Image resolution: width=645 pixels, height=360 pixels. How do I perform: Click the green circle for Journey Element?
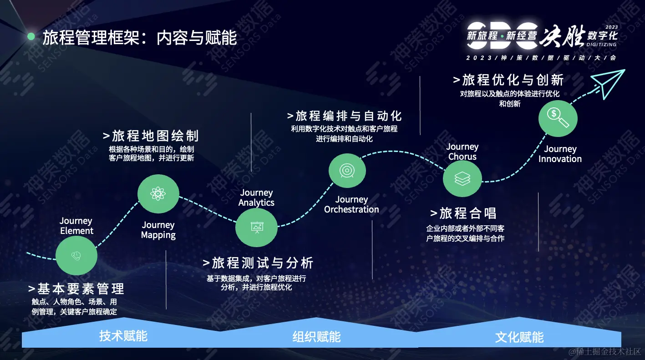point(76,256)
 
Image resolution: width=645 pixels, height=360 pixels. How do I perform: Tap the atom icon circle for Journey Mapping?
point(158,194)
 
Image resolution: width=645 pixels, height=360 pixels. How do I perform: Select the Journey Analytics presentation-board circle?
point(256,227)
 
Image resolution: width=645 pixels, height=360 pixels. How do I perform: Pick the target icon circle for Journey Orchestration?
point(347,171)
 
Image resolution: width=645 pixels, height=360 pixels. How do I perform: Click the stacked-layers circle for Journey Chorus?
point(462,179)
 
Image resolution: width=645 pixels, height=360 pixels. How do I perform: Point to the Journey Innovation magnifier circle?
point(558,118)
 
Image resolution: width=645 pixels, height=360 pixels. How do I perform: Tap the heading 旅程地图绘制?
point(151,136)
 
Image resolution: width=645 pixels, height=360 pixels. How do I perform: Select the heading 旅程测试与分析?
point(258,263)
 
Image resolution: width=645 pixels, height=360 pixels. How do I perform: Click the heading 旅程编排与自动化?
point(345,115)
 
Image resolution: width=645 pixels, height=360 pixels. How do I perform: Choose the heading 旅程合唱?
point(463,213)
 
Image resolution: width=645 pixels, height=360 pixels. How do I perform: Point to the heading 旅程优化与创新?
point(508,80)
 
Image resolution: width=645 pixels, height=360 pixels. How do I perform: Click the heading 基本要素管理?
point(76,289)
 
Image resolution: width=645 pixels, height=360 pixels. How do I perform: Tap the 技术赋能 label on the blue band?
point(123,336)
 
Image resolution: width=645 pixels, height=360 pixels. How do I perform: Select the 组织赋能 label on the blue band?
point(316,337)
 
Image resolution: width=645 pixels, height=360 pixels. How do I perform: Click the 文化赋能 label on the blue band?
point(519,337)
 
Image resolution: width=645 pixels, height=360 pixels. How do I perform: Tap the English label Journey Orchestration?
point(351,204)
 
